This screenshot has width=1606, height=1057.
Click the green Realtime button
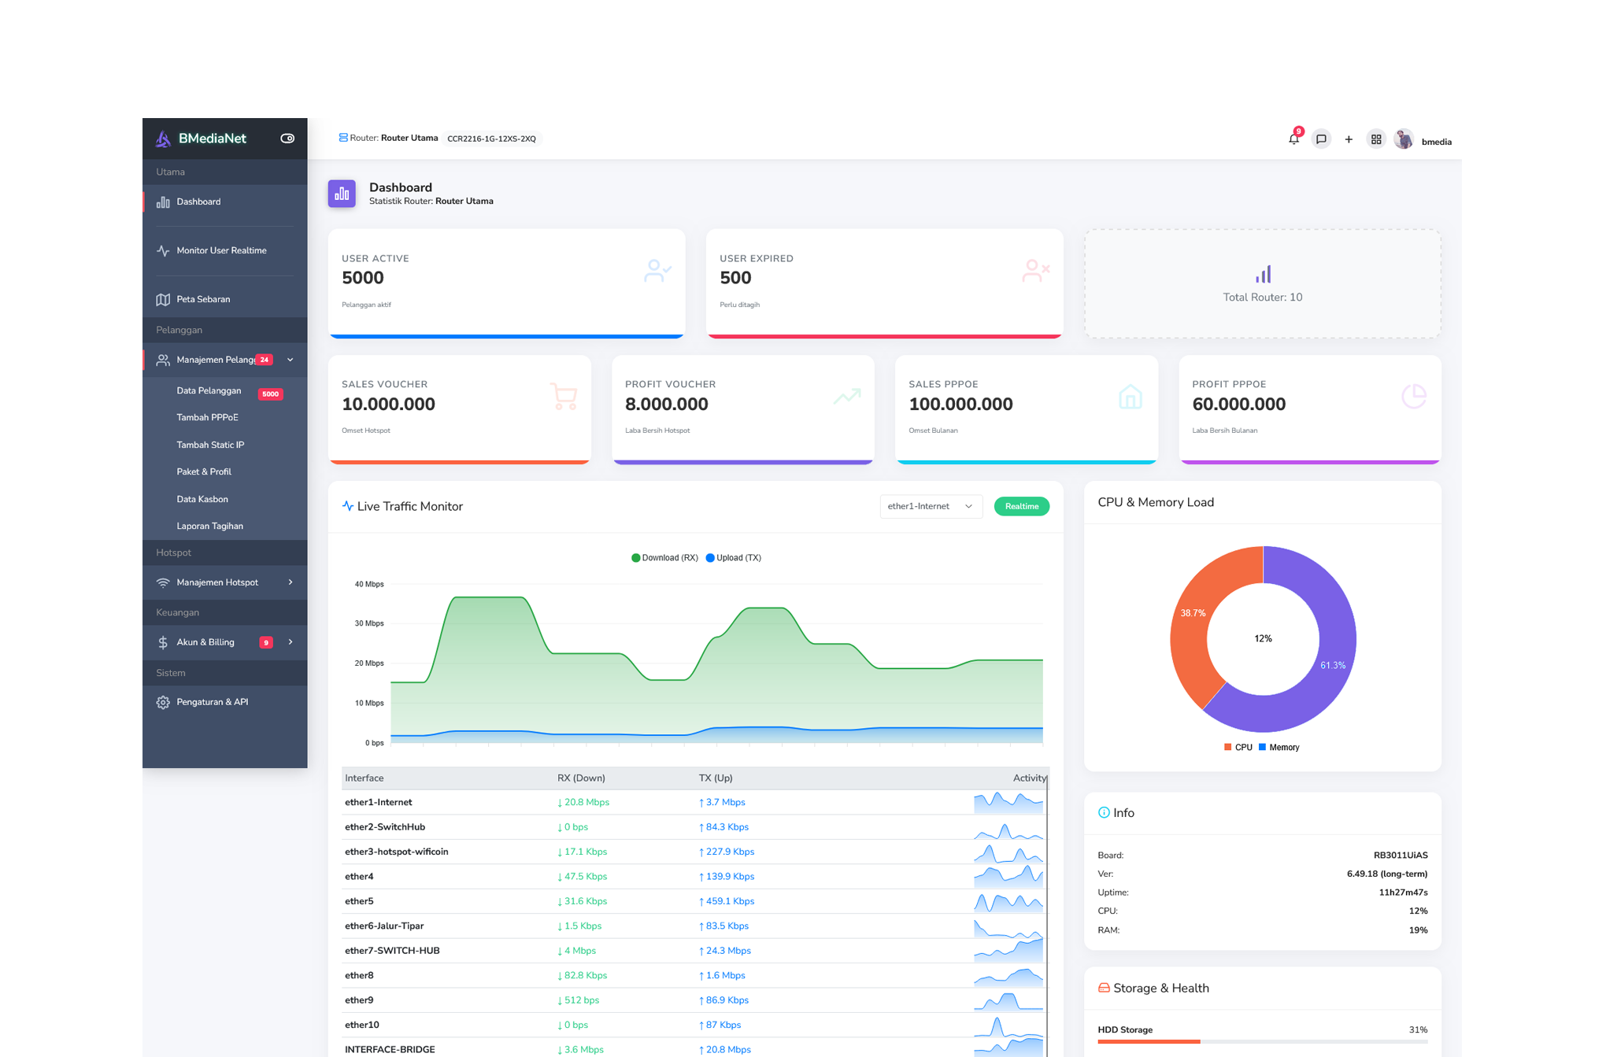point(1021,506)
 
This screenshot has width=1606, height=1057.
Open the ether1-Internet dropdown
point(930,506)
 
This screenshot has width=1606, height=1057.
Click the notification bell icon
point(1293,139)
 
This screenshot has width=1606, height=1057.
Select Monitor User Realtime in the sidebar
point(221,250)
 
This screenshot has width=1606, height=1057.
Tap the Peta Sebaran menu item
point(203,299)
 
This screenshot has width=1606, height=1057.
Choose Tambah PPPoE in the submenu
point(207,417)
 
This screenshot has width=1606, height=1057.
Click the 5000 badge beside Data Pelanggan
point(270,394)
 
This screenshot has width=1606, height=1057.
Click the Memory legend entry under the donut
point(1283,747)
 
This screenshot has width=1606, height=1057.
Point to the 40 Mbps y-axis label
point(369,584)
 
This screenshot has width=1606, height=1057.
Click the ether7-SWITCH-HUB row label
point(392,950)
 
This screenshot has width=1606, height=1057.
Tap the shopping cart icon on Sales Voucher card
point(564,397)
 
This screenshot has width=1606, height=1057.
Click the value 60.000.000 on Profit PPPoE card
point(1238,404)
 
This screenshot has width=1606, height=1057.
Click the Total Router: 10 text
point(1262,297)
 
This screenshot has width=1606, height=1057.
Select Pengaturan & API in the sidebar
point(212,701)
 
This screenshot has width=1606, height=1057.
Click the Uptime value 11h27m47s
point(1402,892)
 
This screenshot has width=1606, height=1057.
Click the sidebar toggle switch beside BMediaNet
point(287,139)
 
